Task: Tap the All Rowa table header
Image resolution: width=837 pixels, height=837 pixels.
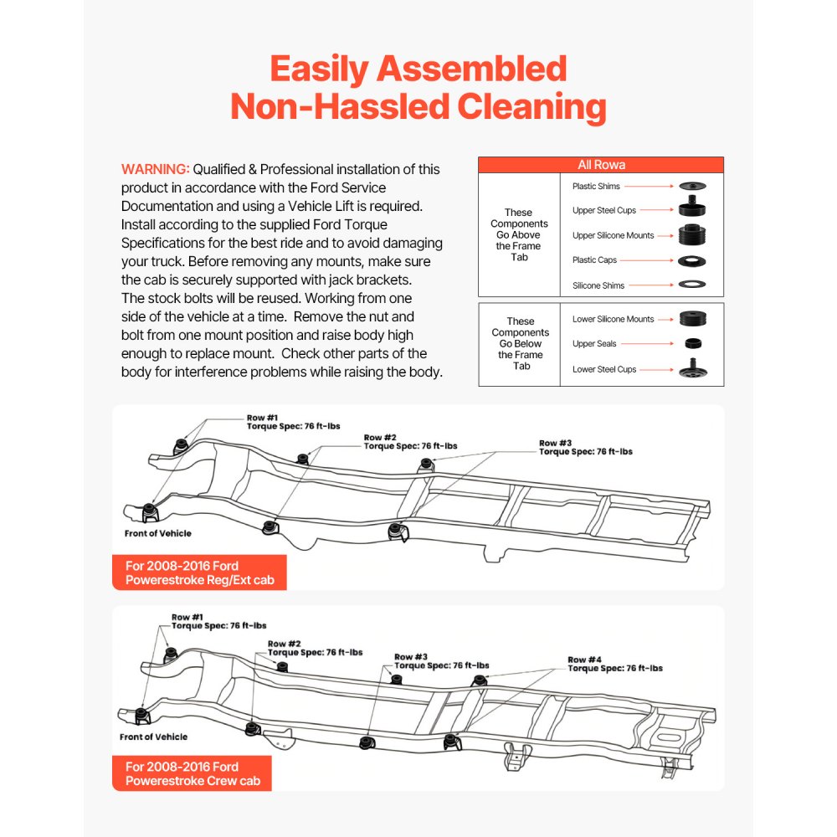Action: tap(601, 165)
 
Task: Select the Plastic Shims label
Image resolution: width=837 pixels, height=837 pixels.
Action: tap(596, 186)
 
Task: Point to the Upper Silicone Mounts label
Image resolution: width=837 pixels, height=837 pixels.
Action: tap(614, 235)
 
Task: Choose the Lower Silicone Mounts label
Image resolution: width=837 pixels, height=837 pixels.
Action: tap(614, 319)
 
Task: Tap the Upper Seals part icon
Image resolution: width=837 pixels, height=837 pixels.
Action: tap(691, 343)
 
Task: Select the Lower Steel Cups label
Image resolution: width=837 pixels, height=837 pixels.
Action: tap(604, 369)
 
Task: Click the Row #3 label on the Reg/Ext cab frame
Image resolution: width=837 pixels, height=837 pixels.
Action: tap(556, 443)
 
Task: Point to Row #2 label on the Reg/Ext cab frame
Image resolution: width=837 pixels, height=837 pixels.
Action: tap(380, 437)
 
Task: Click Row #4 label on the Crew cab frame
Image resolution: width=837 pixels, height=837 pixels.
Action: tap(584, 660)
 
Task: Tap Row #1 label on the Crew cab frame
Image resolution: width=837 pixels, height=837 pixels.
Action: tap(187, 617)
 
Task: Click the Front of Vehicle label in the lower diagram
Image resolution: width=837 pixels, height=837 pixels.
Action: tap(154, 737)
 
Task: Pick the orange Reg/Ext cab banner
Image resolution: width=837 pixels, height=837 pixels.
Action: tap(199, 573)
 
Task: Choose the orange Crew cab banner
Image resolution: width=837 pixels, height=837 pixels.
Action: tap(192, 773)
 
